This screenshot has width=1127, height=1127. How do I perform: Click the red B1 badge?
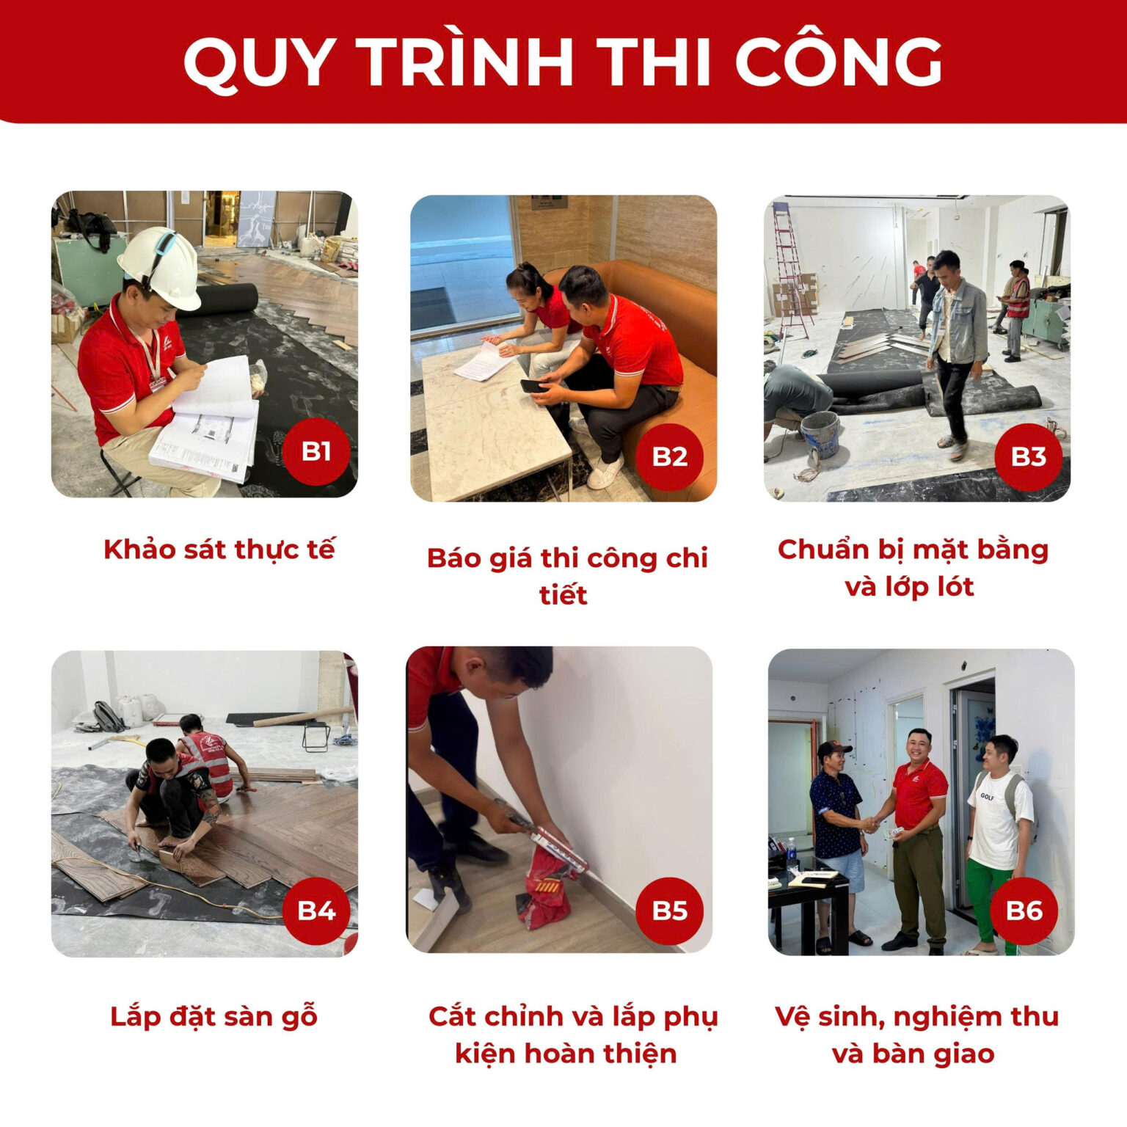click(316, 452)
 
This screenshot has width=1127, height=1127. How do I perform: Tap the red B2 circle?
click(670, 456)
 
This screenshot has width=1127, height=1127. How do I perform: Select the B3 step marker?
click(1028, 456)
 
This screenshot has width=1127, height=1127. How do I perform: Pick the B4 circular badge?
click(316, 911)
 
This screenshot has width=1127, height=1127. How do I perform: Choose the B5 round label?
click(670, 911)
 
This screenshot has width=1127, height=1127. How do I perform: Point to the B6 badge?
click(1024, 911)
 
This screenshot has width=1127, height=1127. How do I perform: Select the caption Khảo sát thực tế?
click(219, 550)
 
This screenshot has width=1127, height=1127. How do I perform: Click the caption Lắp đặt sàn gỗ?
click(214, 1018)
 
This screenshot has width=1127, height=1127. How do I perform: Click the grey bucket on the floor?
click(820, 434)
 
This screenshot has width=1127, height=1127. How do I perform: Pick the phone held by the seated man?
click(535, 386)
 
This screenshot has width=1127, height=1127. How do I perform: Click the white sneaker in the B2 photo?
click(606, 470)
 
